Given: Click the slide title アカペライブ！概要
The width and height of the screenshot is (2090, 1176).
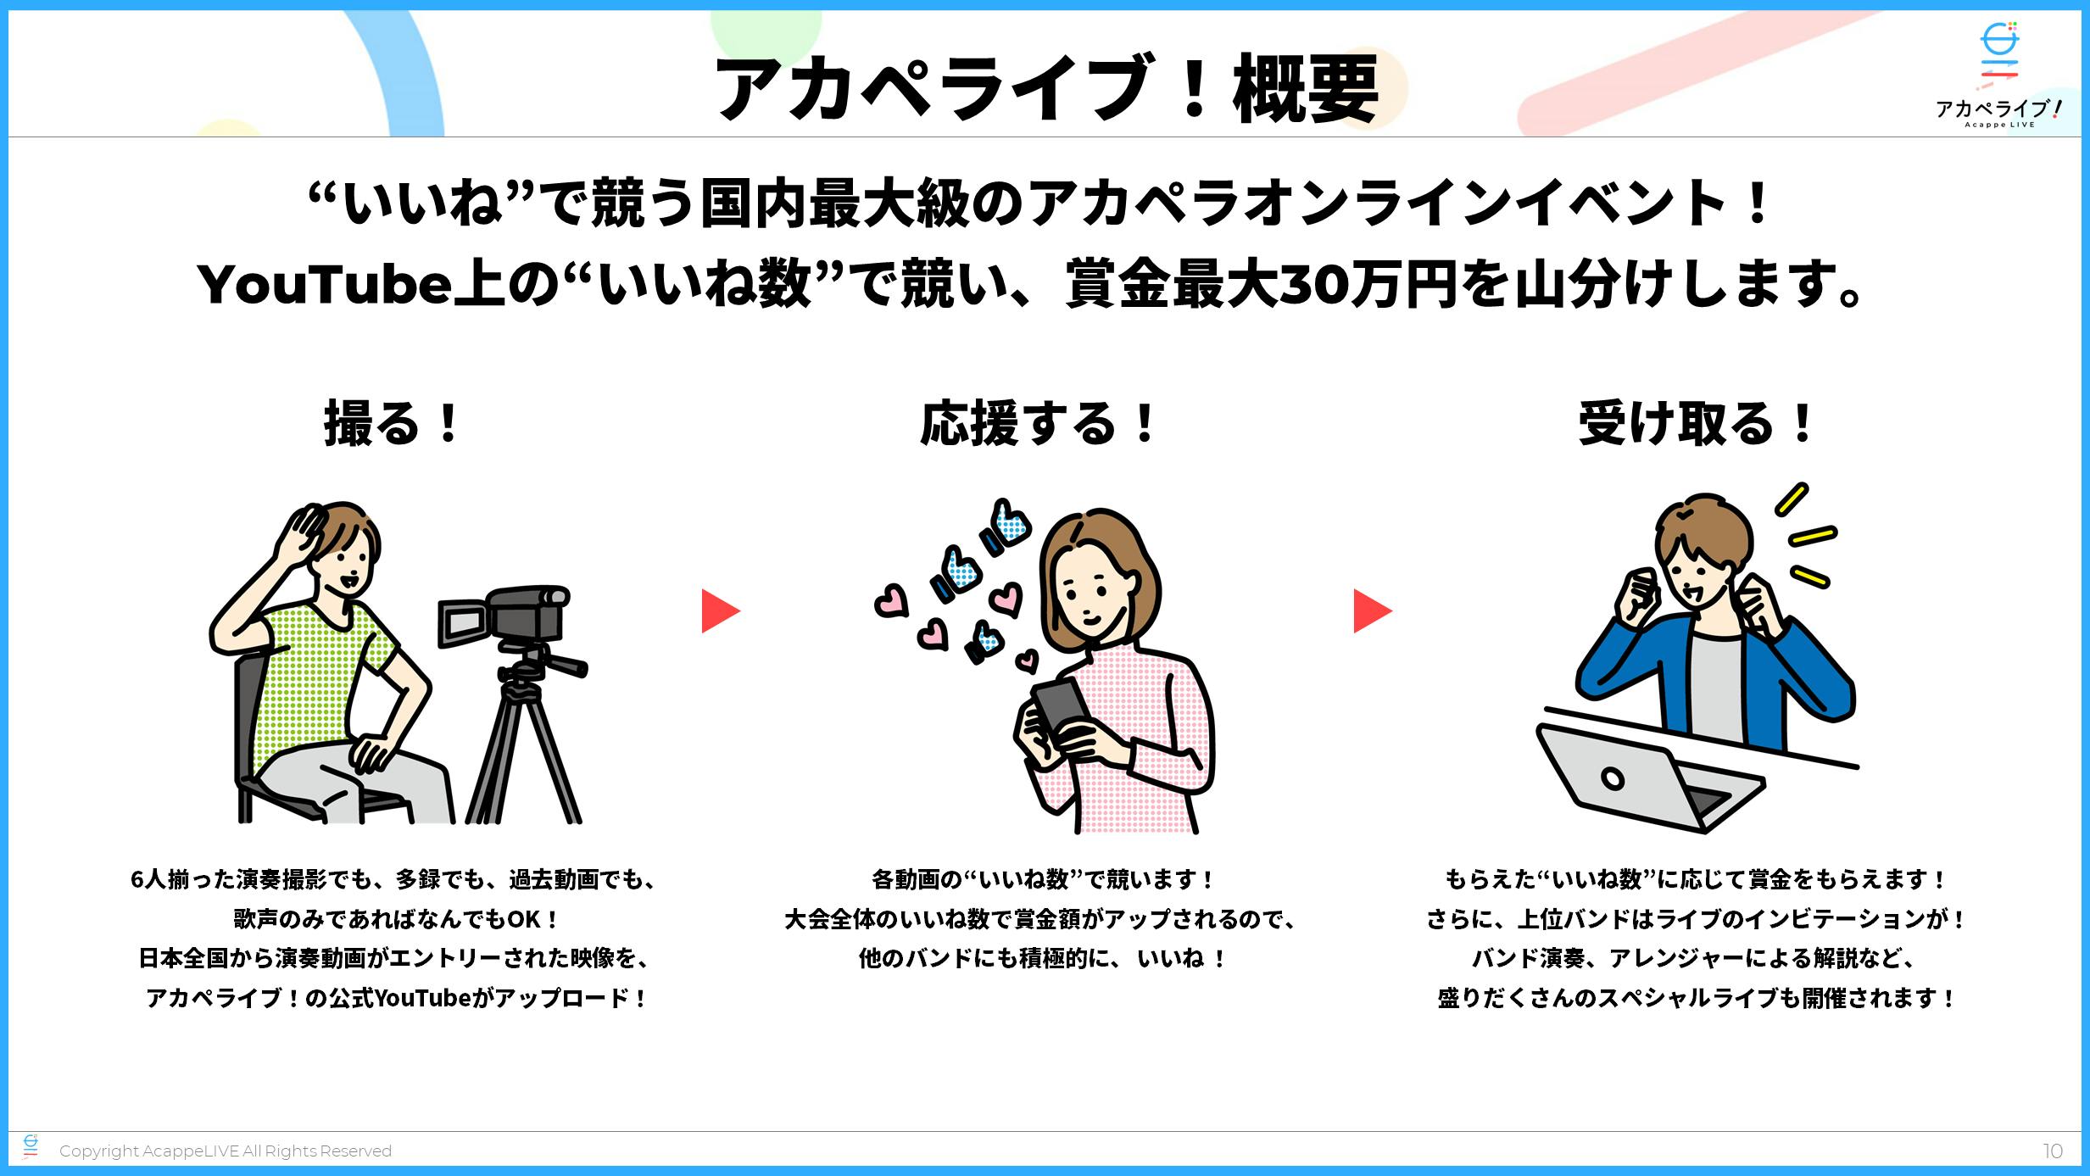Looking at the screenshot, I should pos(1046,88).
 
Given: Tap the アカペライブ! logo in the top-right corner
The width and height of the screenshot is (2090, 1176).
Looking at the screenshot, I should pos(1998,76).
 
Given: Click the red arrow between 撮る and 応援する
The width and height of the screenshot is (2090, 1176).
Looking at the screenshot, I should pos(719,611).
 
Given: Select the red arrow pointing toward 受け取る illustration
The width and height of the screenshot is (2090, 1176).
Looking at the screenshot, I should pos(1371,611).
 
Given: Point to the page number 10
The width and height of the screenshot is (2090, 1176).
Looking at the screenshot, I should pos(2052,1151).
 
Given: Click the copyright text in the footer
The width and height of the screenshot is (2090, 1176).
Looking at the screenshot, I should pos(226,1151).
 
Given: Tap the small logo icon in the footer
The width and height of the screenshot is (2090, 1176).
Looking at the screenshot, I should pos(31,1146).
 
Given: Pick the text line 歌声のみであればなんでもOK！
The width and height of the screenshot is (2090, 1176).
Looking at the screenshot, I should pos(396,919).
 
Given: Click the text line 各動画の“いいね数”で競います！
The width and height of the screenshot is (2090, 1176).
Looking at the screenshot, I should pos(1043,880).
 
